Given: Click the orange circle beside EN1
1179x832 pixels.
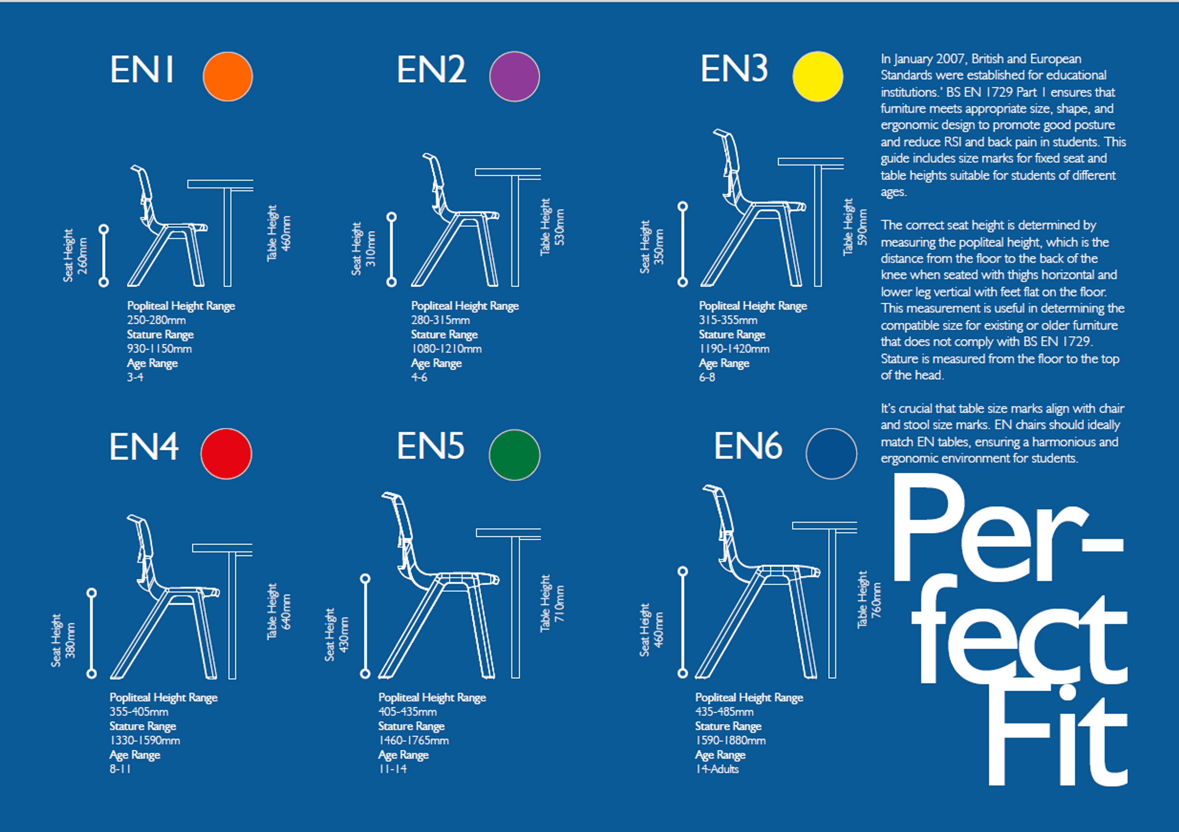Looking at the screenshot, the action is coord(228,76).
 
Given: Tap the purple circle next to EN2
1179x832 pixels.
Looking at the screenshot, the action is coord(515,76).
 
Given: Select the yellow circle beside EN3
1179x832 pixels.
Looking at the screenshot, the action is coord(818,76).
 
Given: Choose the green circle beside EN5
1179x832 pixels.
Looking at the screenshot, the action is coord(515,454).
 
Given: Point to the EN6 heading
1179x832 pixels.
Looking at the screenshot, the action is coord(748,445).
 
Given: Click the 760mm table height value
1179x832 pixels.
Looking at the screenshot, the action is coord(876,600).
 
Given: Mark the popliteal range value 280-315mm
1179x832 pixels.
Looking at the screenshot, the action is coord(440,320).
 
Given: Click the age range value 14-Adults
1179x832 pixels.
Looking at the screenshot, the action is coord(717,769).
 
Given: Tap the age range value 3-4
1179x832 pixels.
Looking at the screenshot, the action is coord(135,377).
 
